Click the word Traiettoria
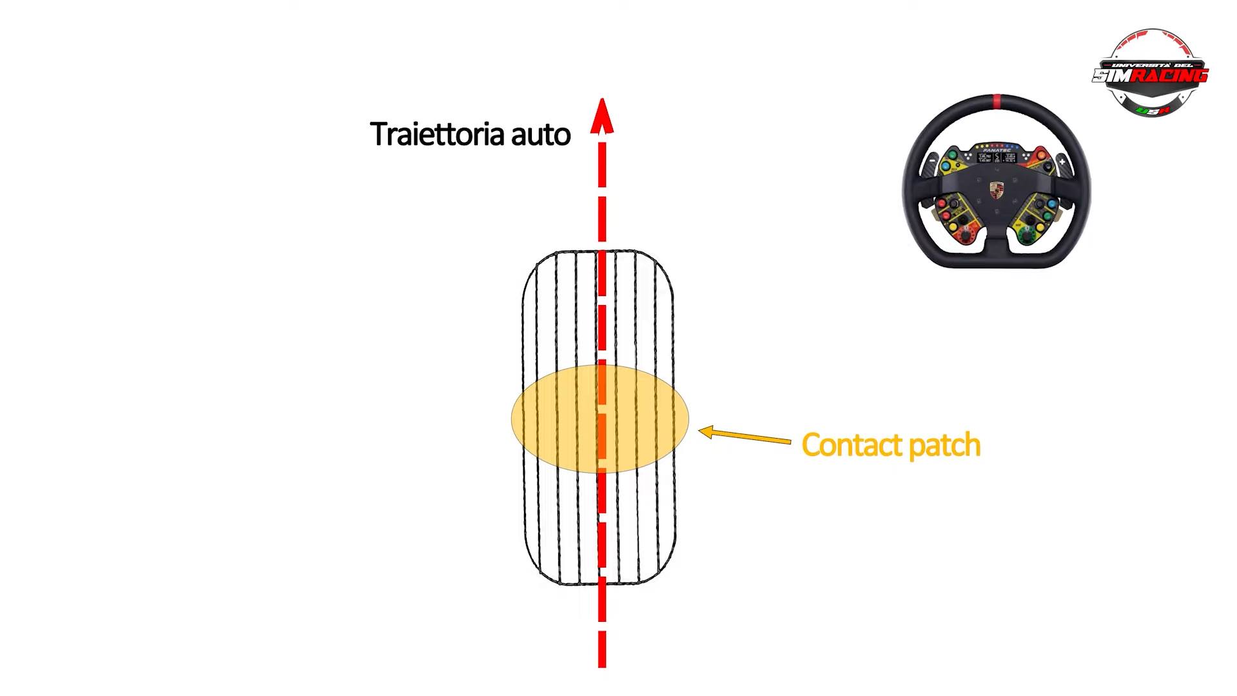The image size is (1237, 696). coord(436,134)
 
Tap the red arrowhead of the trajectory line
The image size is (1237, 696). coord(601,116)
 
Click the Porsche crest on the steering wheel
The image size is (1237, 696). coord(997,190)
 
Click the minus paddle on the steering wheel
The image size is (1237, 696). coord(933,161)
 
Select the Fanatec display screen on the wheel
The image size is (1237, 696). coord(997,157)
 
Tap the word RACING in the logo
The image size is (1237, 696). coord(1169,76)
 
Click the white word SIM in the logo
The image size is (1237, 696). coord(1112,76)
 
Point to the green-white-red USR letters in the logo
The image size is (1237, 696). coord(1153,111)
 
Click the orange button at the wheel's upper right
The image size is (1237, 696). coord(1042,155)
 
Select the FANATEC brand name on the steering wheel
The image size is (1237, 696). coord(997,150)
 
